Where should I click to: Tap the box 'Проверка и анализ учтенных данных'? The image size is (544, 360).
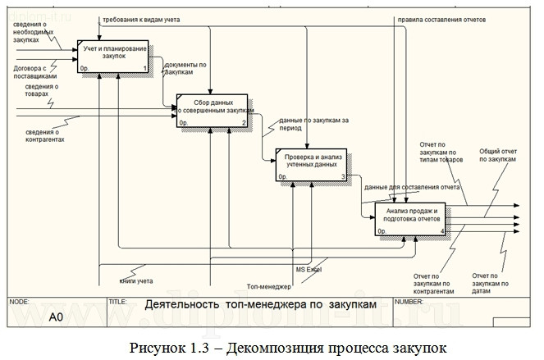tap(311, 164)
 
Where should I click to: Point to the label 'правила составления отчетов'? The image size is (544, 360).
tap(441, 18)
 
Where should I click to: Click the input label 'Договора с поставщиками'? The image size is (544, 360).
tap(31, 71)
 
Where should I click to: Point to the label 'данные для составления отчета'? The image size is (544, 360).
tap(412, 186)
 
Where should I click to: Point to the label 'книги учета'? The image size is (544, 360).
tap(136, 280)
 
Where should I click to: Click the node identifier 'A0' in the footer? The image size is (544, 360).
tap(56, 317)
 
